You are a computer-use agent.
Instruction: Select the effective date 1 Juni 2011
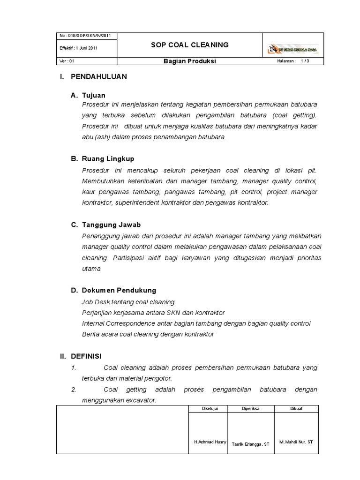(x=79, y=48)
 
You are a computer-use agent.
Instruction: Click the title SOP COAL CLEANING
(x=189, y=45)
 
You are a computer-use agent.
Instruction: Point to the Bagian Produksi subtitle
(x=189, y=61)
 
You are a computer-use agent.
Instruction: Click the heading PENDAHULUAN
(x=98, y=77)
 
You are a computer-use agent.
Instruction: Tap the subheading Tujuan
(x=94, y=96)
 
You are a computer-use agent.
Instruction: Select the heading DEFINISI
(x=86, y=356)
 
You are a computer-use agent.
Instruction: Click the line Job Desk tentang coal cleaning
(x=128, y=302)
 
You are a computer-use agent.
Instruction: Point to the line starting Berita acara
(x=148, y=334)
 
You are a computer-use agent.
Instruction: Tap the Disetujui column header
(x=207, y=408)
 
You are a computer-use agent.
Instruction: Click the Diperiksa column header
(x=251, y=408)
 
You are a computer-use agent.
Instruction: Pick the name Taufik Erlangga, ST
(x=251, y=444)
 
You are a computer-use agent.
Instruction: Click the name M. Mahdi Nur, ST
(x=296, y=442)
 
